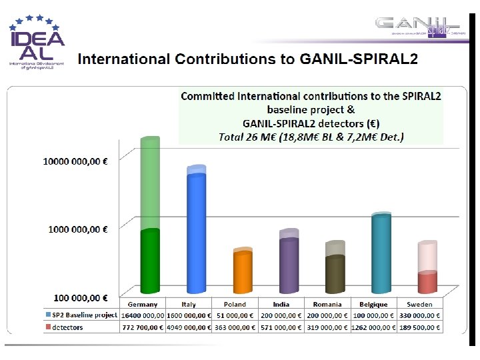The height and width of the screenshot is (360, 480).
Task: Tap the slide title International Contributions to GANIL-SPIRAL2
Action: (x=248, y=60)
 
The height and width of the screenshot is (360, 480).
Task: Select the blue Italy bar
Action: (x=196, y=233)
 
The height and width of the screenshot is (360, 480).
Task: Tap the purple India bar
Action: (x=289, y=265)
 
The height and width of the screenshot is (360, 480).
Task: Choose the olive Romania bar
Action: (x=335, y=274)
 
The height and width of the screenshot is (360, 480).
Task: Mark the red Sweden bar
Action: (x=427, y=283)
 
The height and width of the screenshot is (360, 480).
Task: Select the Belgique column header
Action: (x=373, y=304)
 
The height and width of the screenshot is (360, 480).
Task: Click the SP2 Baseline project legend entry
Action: (x=81, y=315)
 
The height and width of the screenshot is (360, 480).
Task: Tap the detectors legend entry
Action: (x=65, y=327)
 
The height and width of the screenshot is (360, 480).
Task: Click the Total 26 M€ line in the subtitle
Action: (x=311, y=137)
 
